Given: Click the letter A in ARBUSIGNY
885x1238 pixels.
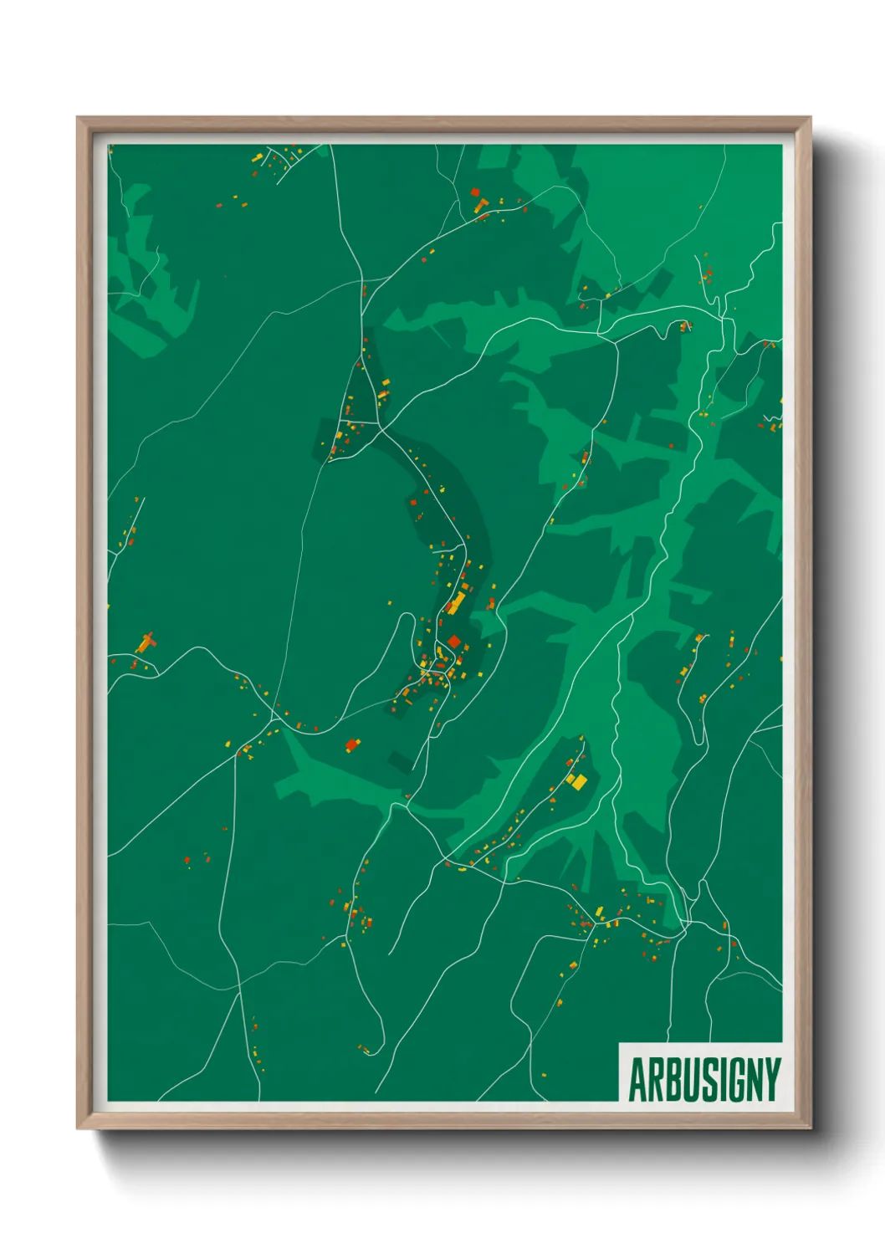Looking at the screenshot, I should (x=637, y=1080).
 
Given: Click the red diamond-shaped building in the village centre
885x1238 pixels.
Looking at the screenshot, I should (x=453, y=642).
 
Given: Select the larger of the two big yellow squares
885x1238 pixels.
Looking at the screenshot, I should (x=575, y=781).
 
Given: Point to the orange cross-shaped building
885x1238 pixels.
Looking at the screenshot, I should (x=146, y=642).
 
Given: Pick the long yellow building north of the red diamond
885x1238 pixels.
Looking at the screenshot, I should (x=457, y=603).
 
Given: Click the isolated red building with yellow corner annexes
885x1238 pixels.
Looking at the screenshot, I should (x=351, y=744).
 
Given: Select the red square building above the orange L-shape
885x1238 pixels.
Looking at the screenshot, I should (x=475, y=192).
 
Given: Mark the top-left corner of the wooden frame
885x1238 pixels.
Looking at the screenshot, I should (x=78, y=118).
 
